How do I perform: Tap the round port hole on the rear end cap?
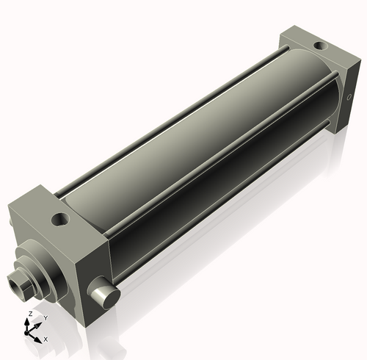[320, 46]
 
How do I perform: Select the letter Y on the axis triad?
[46, 317]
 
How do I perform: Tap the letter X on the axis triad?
[46, 339]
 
